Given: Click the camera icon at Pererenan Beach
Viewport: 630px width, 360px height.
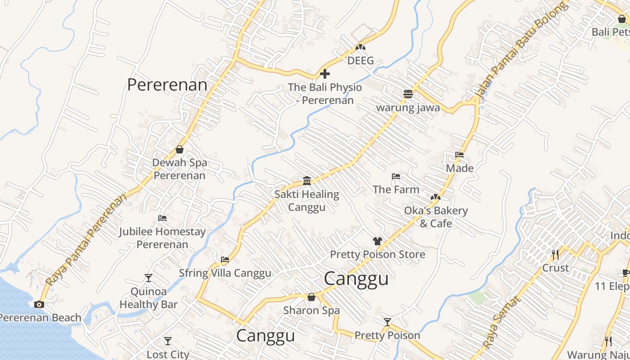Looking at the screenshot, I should (x=39, y=304).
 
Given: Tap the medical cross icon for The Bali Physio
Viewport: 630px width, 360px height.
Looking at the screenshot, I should (x=324, y=74).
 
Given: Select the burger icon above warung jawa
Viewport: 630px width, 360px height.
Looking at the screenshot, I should (x=408, y=94).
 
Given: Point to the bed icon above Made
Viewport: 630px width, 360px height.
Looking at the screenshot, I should (x=459, y=155).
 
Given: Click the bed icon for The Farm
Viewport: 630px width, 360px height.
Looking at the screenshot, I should (x=396, y=176).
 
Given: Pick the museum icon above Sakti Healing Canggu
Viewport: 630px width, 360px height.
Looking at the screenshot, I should (x=307, y=181).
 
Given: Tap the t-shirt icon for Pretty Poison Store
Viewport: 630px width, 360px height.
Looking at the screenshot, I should (x=377, y=241).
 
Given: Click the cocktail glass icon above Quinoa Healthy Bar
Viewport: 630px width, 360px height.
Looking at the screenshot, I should (x=148, y=278).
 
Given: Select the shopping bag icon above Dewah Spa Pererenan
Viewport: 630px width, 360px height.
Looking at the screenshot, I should (x=180, y=149).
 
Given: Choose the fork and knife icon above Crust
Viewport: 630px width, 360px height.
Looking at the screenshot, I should (x=555, y=255).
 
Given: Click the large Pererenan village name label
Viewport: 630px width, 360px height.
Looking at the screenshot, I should (x=167, y=85).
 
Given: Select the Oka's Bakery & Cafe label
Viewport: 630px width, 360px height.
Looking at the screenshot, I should (x=436, y=216).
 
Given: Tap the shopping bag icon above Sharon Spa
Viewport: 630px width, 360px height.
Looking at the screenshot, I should (x=311, y=297).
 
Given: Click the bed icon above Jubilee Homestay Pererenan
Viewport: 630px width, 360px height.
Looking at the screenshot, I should (x=162, y=218).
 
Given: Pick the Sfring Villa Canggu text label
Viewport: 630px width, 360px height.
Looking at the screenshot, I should (x=225, y=273).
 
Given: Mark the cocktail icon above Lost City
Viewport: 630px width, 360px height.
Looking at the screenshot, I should (x=168, y=341).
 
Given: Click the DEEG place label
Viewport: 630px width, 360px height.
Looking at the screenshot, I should (x=360, y=60).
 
